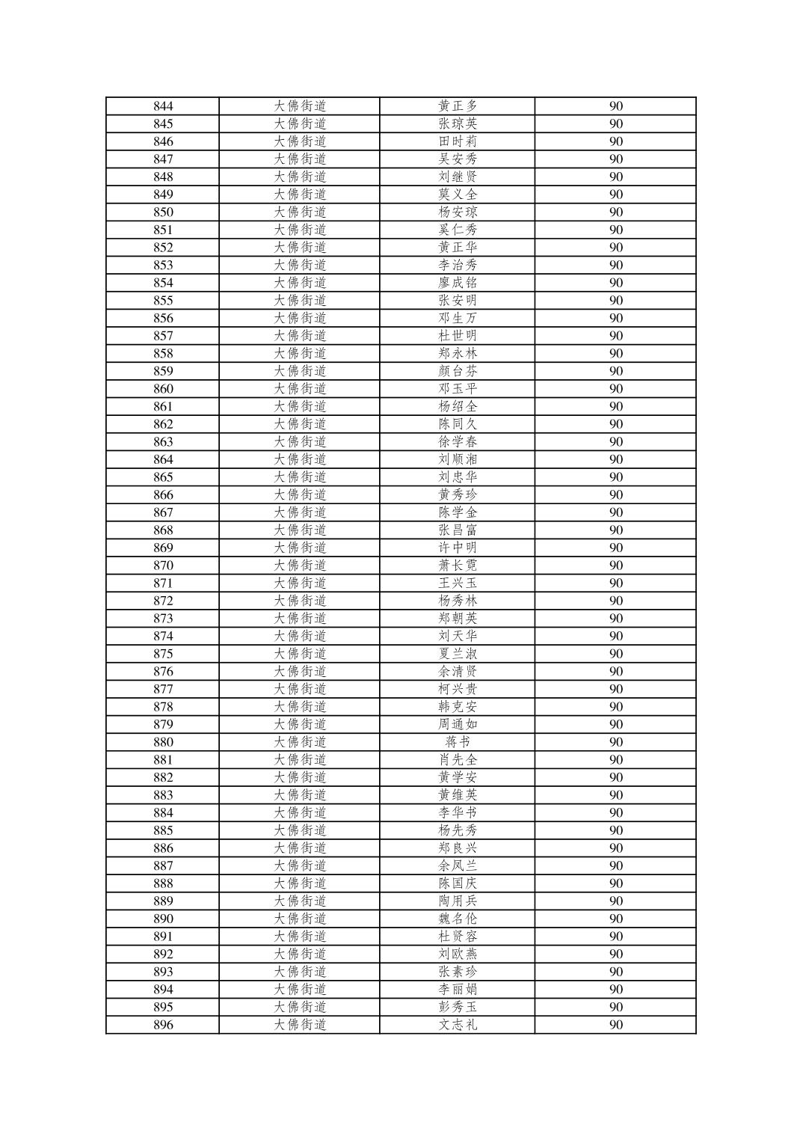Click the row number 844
(x=163, y=106)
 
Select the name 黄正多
(x=457, y=106)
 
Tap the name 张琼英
(x=457, y=124)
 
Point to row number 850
(x=163, y=212)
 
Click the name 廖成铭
(x=457, y=283)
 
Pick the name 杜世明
(x=457, y=336)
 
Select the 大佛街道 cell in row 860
(x=299, y=389)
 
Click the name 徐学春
(x=457, y=442)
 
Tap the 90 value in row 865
(x=615, y=477)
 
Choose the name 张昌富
(x=457, y=530)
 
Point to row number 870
(x=163, y=566)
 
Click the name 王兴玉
(x=457, y=583)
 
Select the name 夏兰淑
(x=457, y=654)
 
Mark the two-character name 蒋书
(x=457, y=742)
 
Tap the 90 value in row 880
(x=615, y=742)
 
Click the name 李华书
(x=457, y=813)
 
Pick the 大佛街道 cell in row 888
(x=299, y=883)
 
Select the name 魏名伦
(x=457, y=919)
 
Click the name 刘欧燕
(x=457, y=954)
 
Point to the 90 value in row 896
(x=615, y=1025)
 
